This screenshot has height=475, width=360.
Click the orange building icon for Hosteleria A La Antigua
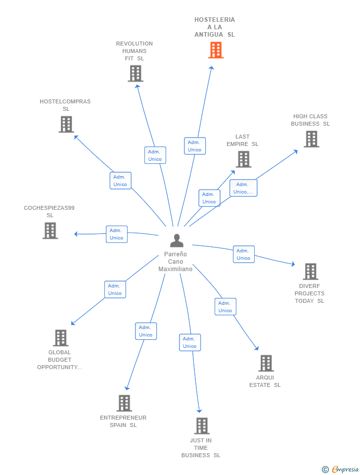[216, 50]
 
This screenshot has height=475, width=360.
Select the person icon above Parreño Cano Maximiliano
[177, 241]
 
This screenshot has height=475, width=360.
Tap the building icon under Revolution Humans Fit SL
[135, 74]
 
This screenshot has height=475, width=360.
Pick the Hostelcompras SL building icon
[66, 124]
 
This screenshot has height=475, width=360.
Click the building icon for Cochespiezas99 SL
[50, 231]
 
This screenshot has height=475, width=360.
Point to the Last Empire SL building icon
[244, 159]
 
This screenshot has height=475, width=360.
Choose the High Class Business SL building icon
[312, 139]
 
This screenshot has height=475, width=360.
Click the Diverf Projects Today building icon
[311, 272]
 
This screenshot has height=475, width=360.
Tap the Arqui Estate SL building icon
[266, 363]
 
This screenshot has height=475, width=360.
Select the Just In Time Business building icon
[202, 426]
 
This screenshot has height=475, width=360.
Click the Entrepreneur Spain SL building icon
[125, 403]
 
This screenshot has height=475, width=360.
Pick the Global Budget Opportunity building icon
[61, 338]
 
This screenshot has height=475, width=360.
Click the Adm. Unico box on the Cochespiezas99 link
[117, 234]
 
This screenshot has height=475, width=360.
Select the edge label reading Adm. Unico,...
[243, 188]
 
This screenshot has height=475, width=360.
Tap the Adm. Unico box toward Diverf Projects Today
[244, 254]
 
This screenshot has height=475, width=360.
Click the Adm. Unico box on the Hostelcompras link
[121, 181]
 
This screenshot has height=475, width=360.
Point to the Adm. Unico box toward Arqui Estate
[225, 307]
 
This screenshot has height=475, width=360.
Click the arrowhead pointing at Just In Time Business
[199, 411]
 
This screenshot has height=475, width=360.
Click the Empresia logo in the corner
[340, 469]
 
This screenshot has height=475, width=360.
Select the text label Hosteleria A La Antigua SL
[215, 27]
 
